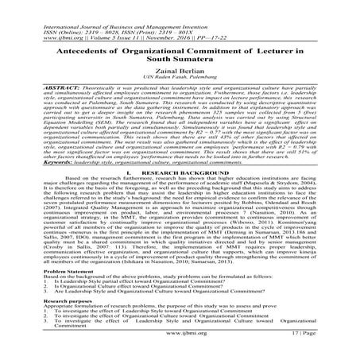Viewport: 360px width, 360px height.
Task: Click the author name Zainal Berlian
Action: pyautogui.click(x=179, y=70)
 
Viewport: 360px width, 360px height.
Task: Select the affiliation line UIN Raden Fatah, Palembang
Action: pyautogui.click(x=179, y=79)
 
